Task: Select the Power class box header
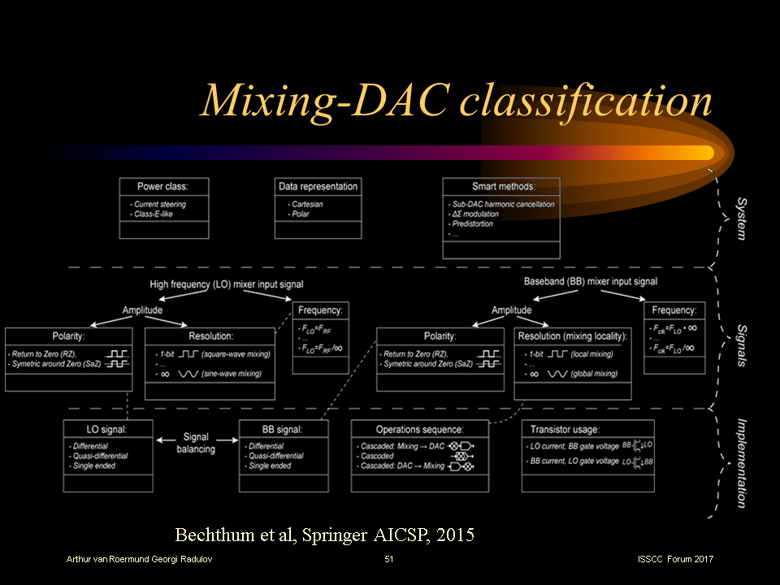[161, 187]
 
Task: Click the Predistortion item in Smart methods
[472, 223]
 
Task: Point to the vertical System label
[741, 218]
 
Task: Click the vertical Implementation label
[741, 462]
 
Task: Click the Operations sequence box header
[419, 429]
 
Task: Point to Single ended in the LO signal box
[93, 466]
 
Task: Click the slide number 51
[389, 560]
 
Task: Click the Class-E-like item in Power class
[153, 214]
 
